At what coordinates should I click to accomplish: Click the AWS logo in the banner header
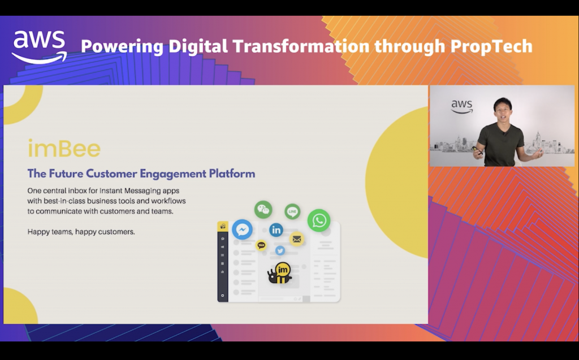tap(40, 46)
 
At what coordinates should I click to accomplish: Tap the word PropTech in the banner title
tap(491, 46)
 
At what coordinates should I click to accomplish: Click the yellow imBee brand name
tap(64, 149)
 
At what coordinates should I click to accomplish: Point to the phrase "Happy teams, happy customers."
tap(81, 232)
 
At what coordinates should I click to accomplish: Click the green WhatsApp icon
tap(319, 220)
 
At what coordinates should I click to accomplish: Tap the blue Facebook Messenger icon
tap(242, 229)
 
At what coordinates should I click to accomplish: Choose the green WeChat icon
tap(263, 210)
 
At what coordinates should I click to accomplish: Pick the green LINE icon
tap(292, 211)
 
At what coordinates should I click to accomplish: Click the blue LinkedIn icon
tap(276, 230)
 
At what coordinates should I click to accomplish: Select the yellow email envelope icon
tap(296, 239)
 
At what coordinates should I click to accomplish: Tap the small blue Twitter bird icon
tap(280, 251)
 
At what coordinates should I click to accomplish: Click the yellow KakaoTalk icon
tap(261, 245)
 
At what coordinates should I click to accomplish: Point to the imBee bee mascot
tap(280, 273)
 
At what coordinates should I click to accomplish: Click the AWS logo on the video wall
tap(462, 107)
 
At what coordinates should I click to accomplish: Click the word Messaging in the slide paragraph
tap(142, 191)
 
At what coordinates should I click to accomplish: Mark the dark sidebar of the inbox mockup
tap(222, 262)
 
